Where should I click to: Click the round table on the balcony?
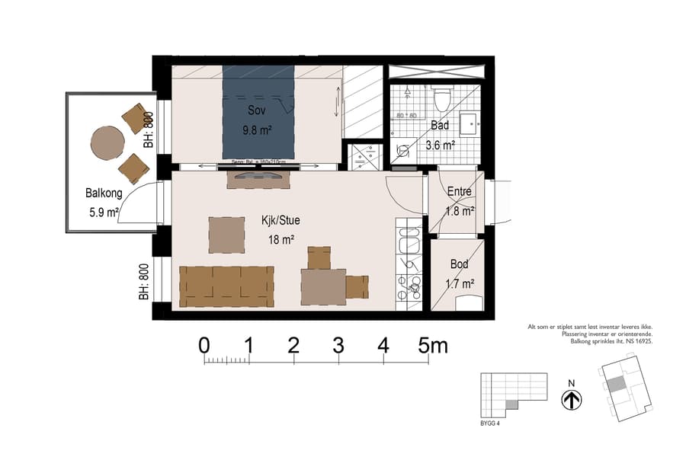click(107, 142)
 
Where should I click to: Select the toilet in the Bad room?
click(441, 99)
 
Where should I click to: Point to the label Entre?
click(459, 192)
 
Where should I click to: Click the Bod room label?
click(459, 264)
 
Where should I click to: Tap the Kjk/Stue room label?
click(280, 221)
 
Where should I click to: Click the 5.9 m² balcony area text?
click(102, 213)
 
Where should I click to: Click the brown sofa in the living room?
click(226, 286)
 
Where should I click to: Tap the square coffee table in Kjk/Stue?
click(227, 235)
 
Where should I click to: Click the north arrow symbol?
click(572, 400)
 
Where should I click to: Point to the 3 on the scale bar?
click(338, 345)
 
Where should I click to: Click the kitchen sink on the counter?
click(409, 242)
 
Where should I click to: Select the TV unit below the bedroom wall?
click(258, 179)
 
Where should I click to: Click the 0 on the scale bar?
click(204, 345)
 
